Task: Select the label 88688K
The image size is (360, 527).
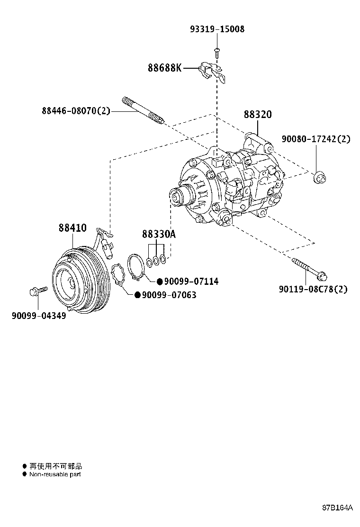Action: pos(164,68)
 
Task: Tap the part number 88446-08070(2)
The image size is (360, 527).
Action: pos(76,111)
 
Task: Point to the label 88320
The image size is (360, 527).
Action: pos(258,115)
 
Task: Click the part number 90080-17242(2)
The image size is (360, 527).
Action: pos(316,139)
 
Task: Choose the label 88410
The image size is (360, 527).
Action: pos(72,228)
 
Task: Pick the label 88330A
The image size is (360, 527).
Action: pos(159,234)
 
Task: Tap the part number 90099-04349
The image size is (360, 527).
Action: pos(39,315)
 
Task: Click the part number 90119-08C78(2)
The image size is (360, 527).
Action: pos(313,289)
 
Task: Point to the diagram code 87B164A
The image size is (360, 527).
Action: pos(338,508)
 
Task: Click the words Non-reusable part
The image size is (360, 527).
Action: pos(55,474)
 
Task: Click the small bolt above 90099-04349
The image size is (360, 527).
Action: pos(38,291)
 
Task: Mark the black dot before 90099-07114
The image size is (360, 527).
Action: pos(160,282)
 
